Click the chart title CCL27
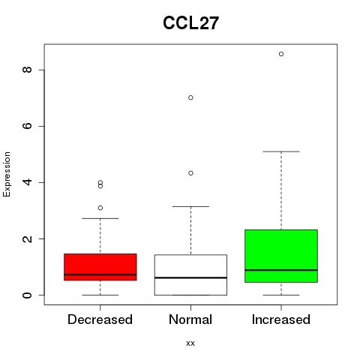[190, 23]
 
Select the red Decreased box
[100, 267]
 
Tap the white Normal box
[190, 275]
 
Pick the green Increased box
[281, 256]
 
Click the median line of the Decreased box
[100, 274]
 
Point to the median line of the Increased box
[281, 270]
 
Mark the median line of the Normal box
[190, 277]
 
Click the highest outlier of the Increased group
[281, 54]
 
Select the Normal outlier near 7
[190, 97]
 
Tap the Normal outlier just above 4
[190, 173]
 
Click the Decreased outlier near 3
[100, 208]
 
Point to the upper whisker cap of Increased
[281, 151]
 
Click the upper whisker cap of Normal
[190, 206]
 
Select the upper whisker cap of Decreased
[100, 218]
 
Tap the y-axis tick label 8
[27, 70]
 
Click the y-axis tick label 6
[27, 126]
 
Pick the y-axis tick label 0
[27, 295]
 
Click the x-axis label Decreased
[100, 319]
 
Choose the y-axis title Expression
[7, 174]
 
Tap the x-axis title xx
[190, 343]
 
